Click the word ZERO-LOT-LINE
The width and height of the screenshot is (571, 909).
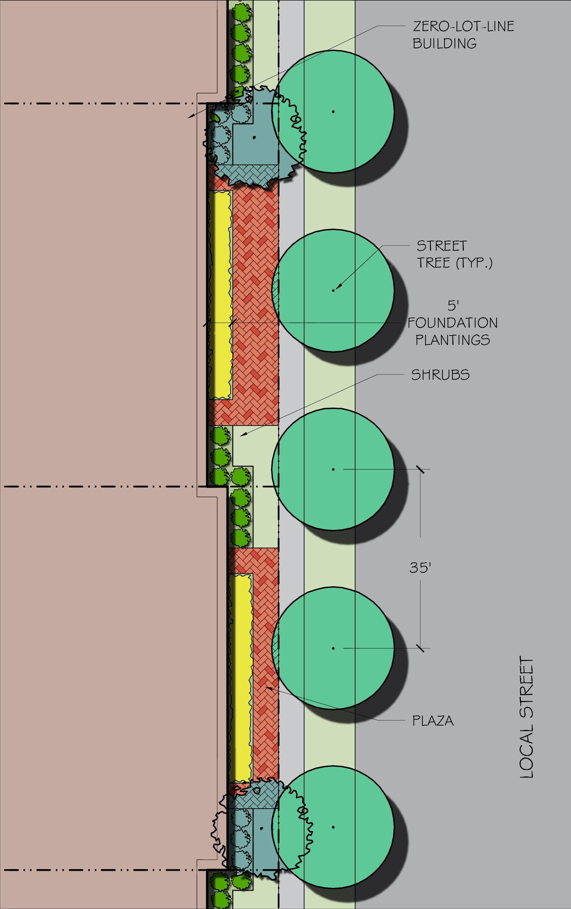[463, 27]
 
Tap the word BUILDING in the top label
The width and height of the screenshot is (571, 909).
[444, 44]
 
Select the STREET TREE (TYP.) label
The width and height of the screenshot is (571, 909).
[454, 254]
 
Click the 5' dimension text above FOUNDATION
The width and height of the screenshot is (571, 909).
[453, 305]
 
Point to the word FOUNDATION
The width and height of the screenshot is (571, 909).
[452, 323]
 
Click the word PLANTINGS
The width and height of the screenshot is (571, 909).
[452, 340]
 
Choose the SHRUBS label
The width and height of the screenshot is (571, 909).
[440, 375]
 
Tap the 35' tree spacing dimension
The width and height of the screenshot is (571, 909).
[420, 568]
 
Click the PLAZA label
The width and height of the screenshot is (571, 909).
[432, 721]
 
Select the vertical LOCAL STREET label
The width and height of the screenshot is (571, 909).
[527, 717]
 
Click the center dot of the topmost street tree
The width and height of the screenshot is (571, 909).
[333, 112]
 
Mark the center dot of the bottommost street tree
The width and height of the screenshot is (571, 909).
[333, 828]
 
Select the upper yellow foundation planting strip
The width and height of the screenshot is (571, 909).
[220, 294]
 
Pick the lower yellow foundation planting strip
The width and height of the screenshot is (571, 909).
[240, 678]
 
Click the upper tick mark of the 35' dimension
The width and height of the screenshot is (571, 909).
[420, 470]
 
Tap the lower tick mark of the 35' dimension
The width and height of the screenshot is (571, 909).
[420, 648]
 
